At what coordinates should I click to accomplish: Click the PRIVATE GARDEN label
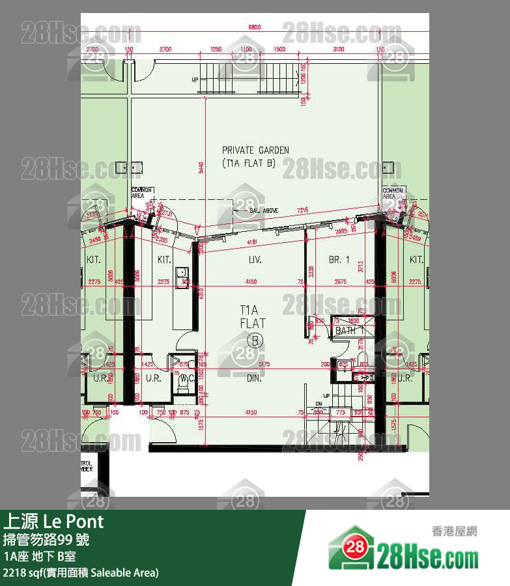click(255, 150)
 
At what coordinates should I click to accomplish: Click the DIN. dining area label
click(254, 378)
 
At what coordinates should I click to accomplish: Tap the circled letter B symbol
click(255, 339)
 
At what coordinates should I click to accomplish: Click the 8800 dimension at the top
click(254, 27)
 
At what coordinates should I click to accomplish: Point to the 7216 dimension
click(303, 210)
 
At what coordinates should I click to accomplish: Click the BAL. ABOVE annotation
click(264, 210)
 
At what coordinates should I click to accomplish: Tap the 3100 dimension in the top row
click(337, 49)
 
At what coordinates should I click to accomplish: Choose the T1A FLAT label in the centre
click(252, 316)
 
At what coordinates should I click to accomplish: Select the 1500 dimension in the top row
click(279, 49)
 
